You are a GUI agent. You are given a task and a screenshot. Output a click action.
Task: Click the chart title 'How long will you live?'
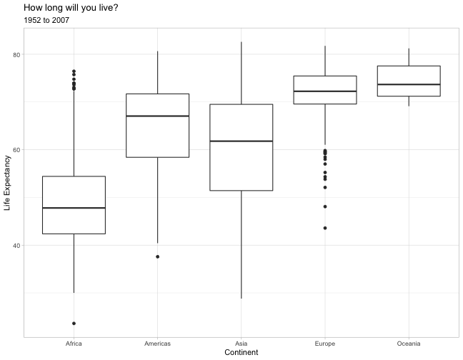71,8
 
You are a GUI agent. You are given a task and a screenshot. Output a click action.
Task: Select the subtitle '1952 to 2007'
46,20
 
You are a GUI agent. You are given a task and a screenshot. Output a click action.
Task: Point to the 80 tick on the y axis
16,54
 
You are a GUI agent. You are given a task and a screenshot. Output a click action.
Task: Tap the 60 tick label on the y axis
16,150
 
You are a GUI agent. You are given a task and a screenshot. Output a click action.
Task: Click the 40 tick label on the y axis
16,246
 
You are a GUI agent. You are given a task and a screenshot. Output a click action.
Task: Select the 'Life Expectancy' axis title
7,183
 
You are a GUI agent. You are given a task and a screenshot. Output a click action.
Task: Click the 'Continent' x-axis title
242,352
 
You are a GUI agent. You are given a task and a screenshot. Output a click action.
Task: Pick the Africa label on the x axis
74,344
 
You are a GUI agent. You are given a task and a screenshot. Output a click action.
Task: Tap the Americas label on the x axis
157,344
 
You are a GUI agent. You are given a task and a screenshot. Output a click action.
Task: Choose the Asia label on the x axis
242,344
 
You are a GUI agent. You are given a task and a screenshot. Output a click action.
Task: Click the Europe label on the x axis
325,344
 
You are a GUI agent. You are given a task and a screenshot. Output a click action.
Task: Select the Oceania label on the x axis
409,344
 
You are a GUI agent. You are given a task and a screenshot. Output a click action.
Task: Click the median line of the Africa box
74,208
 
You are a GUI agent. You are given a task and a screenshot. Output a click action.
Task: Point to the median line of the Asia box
242,141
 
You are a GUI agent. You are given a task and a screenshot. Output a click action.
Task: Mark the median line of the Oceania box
409,84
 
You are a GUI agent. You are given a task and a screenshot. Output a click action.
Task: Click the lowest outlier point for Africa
74,324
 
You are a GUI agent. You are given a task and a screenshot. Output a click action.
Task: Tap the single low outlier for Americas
158,256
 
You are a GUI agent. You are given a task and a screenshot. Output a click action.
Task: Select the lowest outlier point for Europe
325,228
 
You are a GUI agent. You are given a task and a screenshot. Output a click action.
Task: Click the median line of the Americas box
157,116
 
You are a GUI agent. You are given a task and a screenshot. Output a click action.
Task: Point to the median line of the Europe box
325,91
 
